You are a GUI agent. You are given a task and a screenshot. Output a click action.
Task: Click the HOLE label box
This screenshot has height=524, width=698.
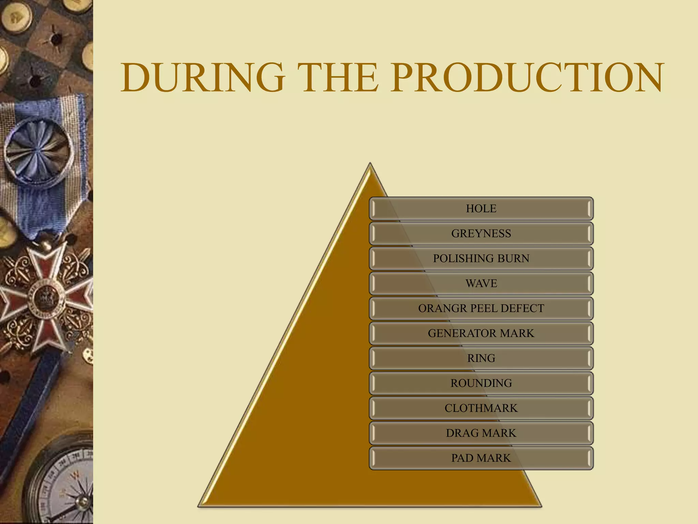pyautogui.click(x=481, y=208)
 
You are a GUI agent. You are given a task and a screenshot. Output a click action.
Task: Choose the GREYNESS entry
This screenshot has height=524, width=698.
pyautogui.click(x=481, y=233)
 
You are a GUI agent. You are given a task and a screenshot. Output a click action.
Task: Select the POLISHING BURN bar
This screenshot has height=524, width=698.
pyautogui.click(x=481, y=258)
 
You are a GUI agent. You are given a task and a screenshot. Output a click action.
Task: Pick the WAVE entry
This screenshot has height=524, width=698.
pyautogui.click(x=481, y=283)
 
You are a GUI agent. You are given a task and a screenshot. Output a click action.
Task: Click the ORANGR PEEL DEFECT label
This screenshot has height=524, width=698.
pyautogui.click(x=481, y=308)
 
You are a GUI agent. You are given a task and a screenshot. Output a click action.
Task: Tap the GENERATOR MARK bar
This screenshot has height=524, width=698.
pyautogui.click(x=481, y=333)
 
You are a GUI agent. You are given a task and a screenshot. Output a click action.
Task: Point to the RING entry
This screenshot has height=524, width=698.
pyautogui.click(x=481, y=358)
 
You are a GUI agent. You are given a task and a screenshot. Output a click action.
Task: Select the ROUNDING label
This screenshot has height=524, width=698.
pyautogui.click(x=481, y=383)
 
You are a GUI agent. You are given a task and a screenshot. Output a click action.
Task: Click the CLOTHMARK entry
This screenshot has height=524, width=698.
pyautogui.click(x=481, y=408)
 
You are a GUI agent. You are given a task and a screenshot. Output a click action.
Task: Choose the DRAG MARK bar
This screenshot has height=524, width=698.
pyautogui.click(x=481, y=433)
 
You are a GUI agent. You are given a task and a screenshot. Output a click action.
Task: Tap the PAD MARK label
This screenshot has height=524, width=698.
pyautogui.click(x=481, y=457)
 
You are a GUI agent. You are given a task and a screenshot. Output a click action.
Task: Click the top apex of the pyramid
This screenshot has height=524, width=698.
pyautogui.click(x=370, y=164)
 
